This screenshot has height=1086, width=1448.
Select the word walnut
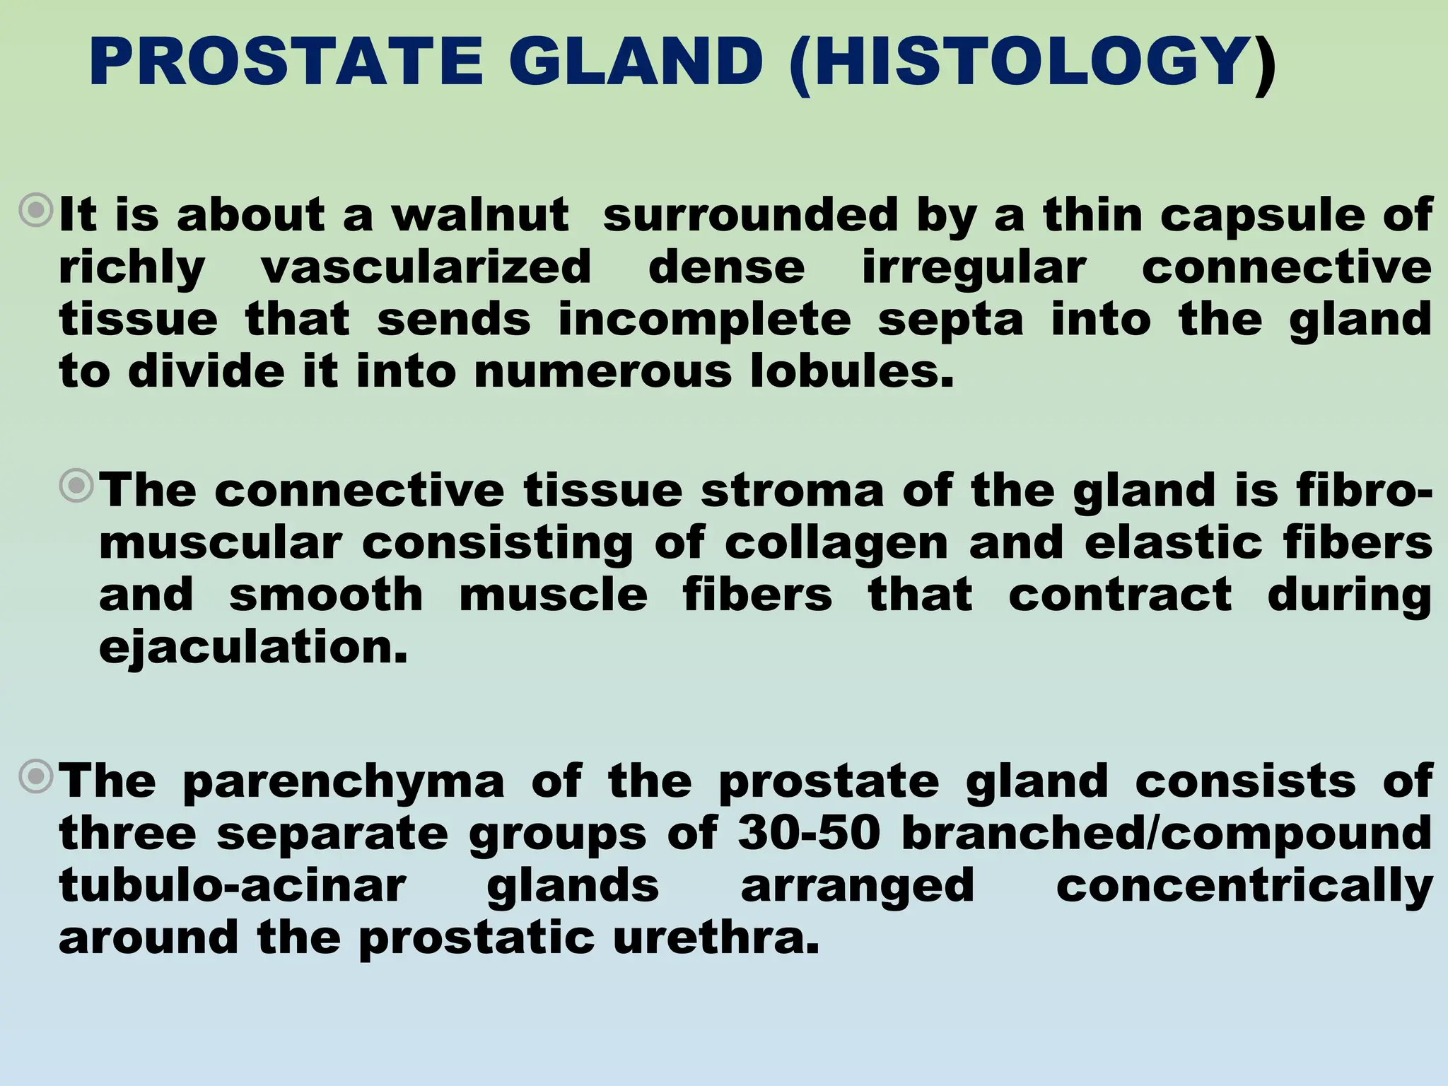point(481,215)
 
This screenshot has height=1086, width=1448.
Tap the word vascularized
point(426,267)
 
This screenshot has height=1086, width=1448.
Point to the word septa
point(950,320)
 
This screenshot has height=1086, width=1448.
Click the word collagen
point(836,543)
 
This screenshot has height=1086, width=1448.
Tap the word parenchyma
point(344,781)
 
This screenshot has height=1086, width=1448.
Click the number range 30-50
point(809,833)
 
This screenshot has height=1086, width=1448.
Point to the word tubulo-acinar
point(233,885)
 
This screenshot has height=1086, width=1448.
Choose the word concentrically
point(1244,885)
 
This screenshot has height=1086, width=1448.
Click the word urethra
point(716,938)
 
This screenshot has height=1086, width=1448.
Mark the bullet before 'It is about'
point(36,211)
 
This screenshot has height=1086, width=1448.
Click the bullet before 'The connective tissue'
point(76,486)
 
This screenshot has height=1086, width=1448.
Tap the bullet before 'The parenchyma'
point(36,777)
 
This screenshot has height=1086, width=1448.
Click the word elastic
point(1174,543)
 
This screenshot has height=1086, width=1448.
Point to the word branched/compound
point(1167,833)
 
